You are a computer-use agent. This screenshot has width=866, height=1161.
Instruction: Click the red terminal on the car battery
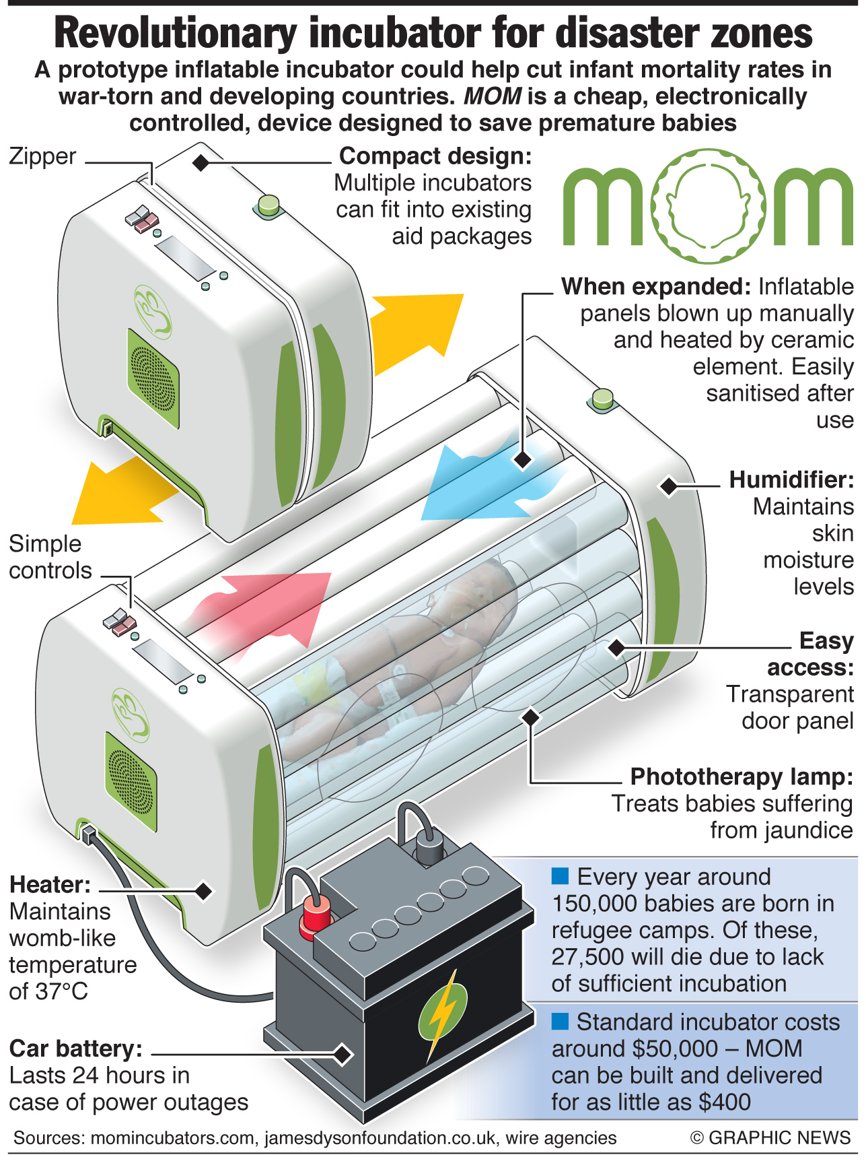pos(316,917)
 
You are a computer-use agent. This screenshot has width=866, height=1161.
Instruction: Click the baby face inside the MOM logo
pos(709,205)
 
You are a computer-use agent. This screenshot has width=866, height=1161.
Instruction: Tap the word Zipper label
pos(42,156)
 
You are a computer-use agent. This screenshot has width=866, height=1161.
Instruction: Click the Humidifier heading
pos(791,479)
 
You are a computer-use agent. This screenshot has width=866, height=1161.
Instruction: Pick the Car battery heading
pos(75,1049)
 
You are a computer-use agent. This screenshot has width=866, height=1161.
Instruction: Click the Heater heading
pos(50,884)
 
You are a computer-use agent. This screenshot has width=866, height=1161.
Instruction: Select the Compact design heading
pos(435,156)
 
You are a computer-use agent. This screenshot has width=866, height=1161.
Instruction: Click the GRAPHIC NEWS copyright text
pos(771,1138)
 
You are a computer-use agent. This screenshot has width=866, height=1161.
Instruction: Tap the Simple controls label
pos(50,557)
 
